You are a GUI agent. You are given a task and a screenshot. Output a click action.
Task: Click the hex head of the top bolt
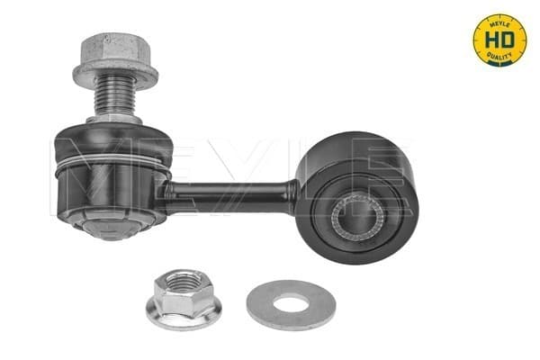pyautogui.click(x=116, y=48)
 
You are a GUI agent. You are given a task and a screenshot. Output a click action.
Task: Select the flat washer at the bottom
pyautogui.click(x=291, y=304)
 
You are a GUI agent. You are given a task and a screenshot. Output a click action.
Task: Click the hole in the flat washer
pyautogui.click(x=291, y=304)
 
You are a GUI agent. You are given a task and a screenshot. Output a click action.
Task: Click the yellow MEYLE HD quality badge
pyautogui.click(x=499, y=40)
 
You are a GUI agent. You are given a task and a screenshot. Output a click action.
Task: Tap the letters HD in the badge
pyautogui.click(x=499, y=40)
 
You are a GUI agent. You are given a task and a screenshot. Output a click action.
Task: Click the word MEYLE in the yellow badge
pyautogui.click(x=500, y=22)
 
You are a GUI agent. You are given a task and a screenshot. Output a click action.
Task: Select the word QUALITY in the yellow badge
pyautogui.click(x=499, y=57)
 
